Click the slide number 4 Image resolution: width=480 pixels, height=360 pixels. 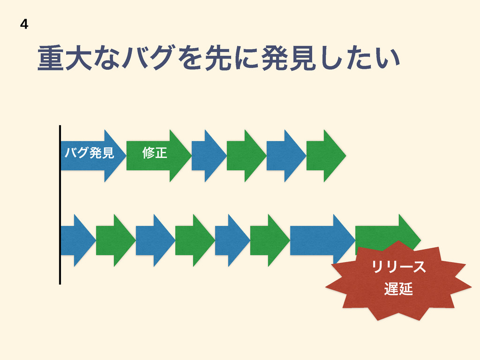(x=24, y=24)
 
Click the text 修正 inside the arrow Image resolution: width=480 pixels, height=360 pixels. (x=155, y=153)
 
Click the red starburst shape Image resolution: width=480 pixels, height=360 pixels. (x=398, y=281)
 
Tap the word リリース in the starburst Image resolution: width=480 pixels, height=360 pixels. (x=398, y=268)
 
